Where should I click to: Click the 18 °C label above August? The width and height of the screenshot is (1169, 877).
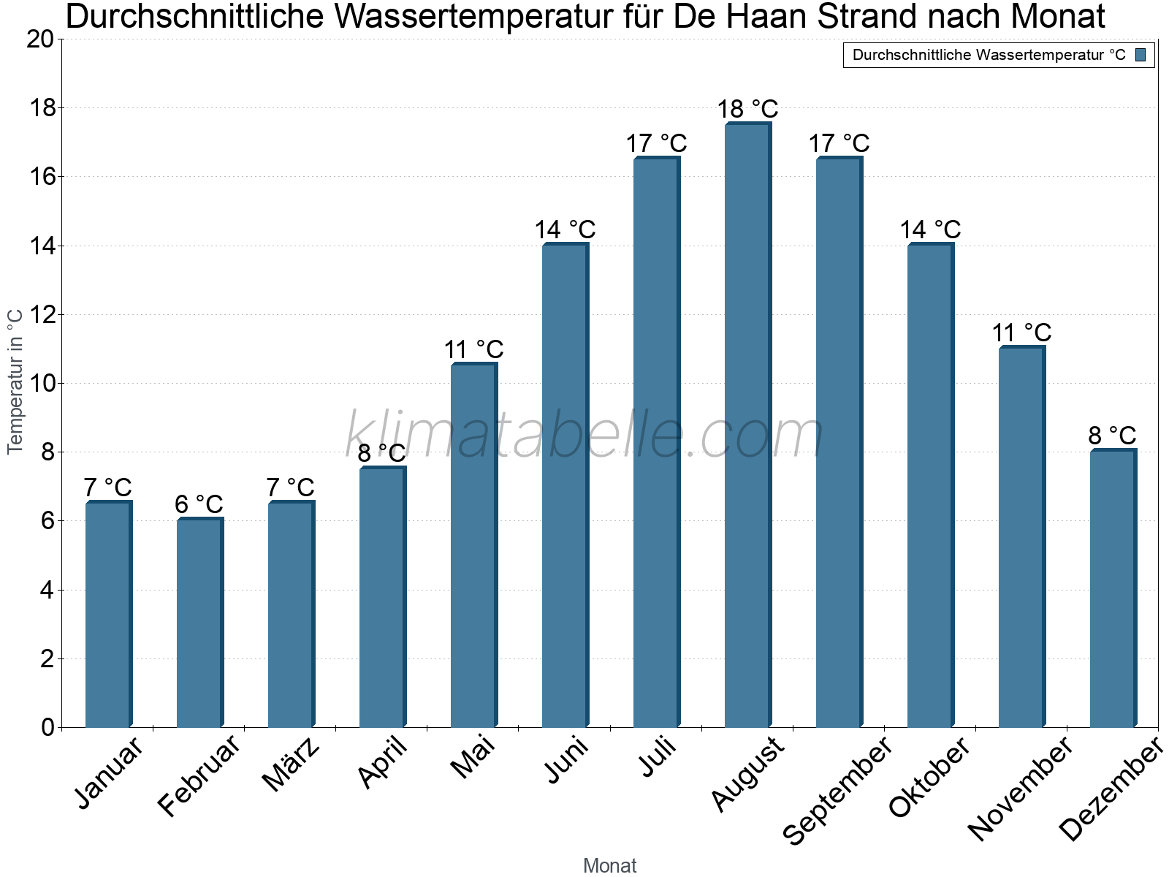tap(747, 110)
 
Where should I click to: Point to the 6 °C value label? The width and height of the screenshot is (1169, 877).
tap(199, 504)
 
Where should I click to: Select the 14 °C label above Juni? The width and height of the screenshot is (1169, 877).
tap(565, 230)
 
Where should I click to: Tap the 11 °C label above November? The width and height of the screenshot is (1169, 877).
tap(1021, 333)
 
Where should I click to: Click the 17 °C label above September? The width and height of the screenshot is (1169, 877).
tap(839, 143)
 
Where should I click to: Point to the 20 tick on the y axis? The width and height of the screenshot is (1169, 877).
tap(40, 39)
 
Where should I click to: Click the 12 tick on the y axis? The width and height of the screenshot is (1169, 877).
tap(40, 315)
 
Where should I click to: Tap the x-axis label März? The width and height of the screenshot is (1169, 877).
tap(291, 765)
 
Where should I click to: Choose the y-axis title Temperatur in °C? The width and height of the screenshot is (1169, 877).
tap(15, 381)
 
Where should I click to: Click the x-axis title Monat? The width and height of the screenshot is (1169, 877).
tap(610, 866)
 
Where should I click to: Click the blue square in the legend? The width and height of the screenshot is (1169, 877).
tap(1141, 55)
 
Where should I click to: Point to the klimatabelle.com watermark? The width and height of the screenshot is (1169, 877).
tap(584, 435)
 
